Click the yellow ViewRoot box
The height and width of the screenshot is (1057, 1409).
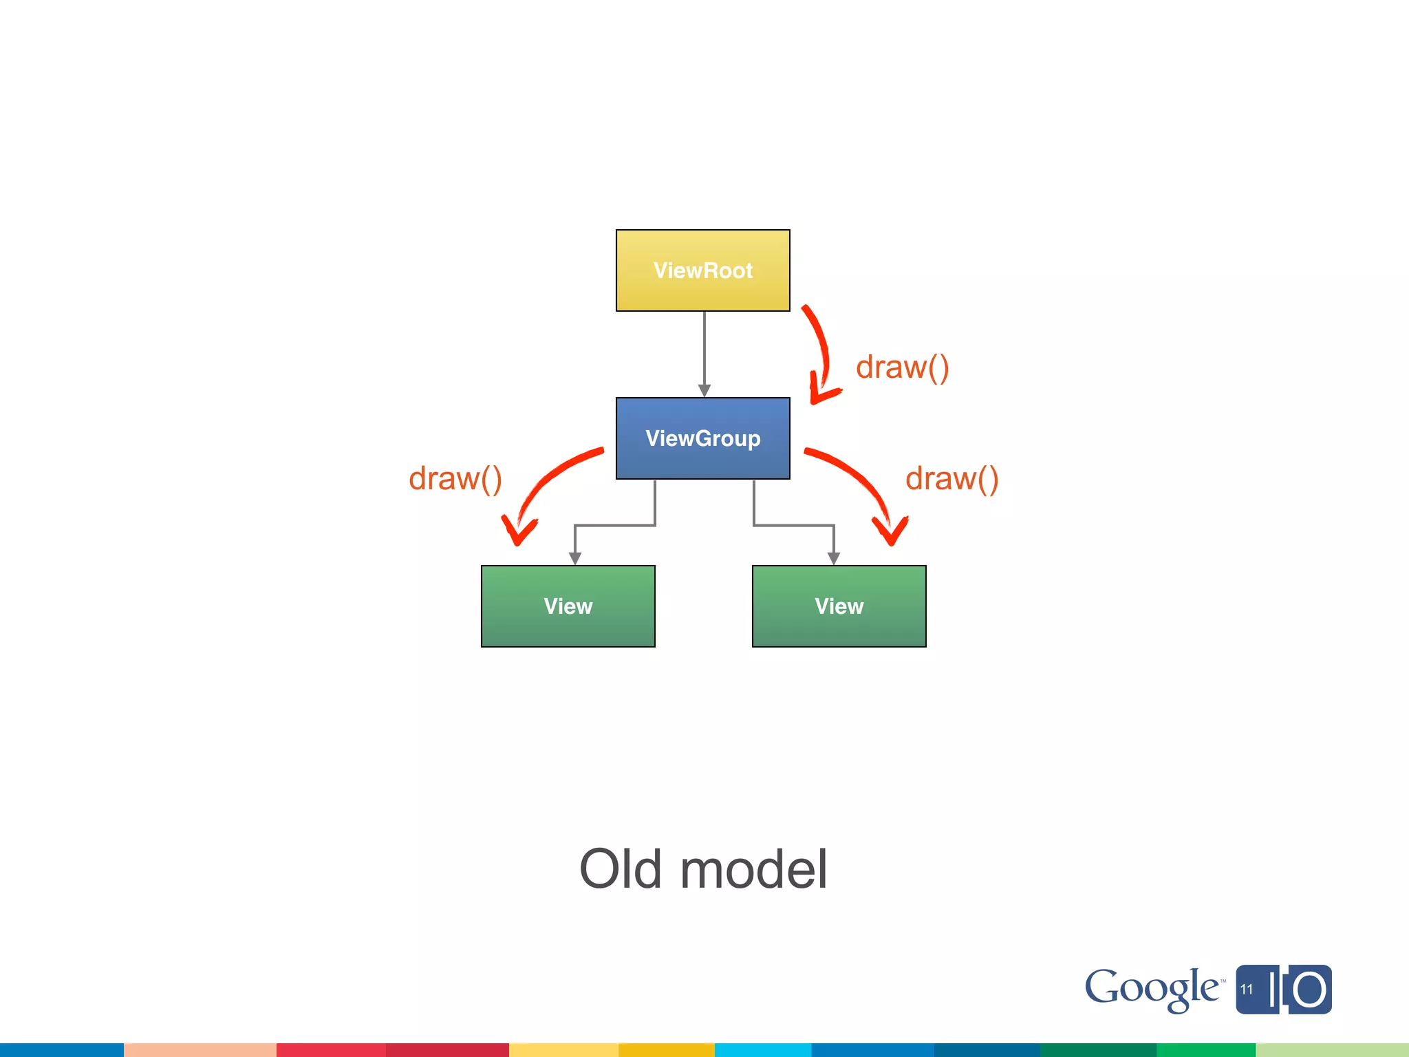[x=702, y=270]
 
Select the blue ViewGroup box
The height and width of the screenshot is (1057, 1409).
[x=702, y=438]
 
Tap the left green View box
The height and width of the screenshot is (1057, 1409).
[x=568, y=606]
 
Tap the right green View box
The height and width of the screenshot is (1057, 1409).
[x=839, y=606]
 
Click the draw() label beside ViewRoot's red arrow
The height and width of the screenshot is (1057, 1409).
[x=902, y=367]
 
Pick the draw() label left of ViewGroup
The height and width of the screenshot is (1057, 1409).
[x=455, y=478]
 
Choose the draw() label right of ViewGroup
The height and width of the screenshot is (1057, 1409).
[x=951, y=478]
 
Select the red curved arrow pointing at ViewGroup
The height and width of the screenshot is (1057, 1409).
[x=821, y=351]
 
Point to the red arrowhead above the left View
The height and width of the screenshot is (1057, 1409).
[x=518, y=531]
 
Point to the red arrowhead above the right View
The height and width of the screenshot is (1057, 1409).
[x=890, y=531]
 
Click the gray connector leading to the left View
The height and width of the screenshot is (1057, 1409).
[x=614, y=526]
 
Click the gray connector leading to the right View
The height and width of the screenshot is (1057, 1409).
[x=794, y=526]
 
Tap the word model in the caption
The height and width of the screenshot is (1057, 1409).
[x=753, y=869]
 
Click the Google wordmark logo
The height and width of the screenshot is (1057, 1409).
[x=1151, y=989]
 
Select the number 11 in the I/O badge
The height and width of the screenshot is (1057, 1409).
[x=1247, y=990]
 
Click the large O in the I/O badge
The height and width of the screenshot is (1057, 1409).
[x=1309, y=990]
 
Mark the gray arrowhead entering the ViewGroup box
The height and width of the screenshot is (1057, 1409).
[x=704, y=390]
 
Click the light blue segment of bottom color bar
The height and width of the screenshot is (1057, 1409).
[x=762, y=1049]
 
